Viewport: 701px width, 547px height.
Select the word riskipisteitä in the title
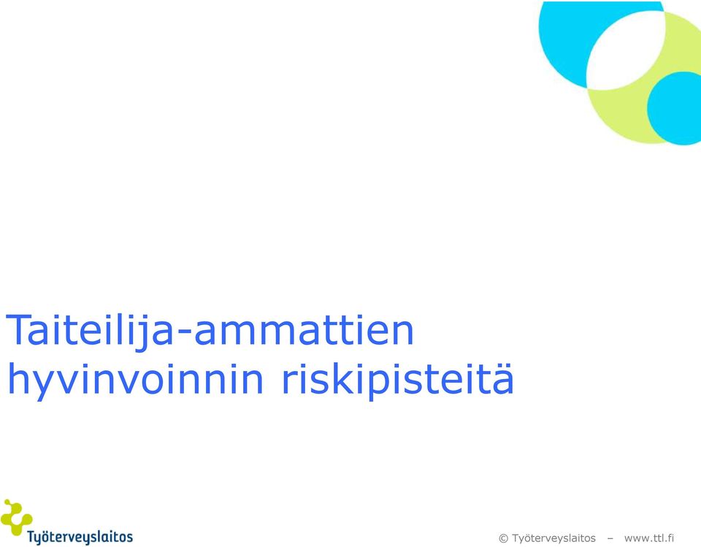398,378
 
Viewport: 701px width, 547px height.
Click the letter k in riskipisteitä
330,378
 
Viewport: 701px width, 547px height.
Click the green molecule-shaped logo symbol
16,517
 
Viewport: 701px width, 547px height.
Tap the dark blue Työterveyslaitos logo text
80,537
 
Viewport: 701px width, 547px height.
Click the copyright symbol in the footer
503,538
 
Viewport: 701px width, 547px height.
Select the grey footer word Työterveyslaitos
554,538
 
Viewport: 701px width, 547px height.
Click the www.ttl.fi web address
649,538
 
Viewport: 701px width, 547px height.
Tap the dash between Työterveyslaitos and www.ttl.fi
610,538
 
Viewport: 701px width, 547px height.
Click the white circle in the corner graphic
626,50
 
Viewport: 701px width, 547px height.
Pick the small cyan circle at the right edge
674,108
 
